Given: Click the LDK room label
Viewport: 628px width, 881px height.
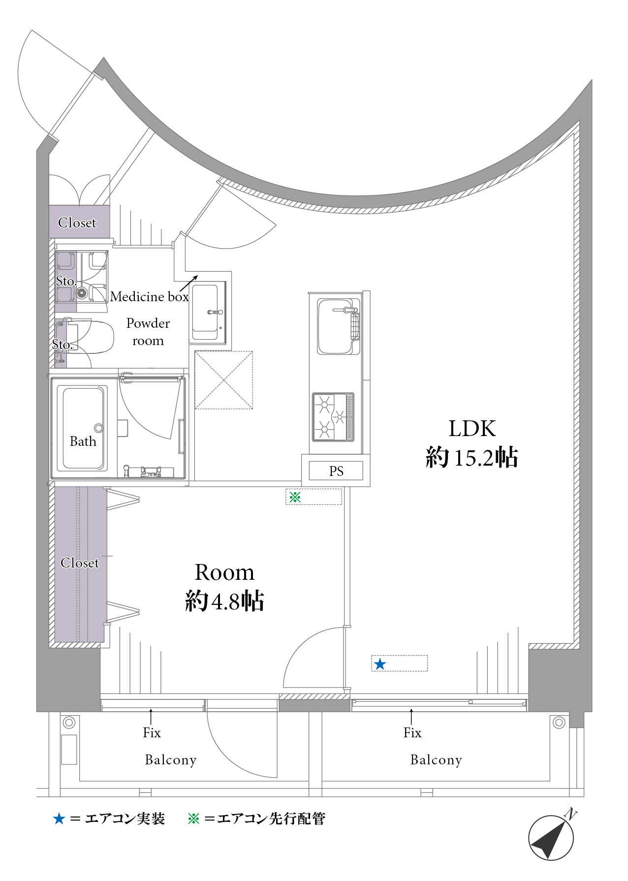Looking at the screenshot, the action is click(472, 429).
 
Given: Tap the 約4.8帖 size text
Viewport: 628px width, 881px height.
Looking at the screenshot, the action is click(224, 601).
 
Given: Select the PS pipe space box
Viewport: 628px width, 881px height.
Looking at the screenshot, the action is click(336, 471).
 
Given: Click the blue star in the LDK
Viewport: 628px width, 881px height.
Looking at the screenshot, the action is click(379, 664).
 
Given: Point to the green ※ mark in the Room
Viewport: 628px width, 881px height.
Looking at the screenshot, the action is click(295, 497).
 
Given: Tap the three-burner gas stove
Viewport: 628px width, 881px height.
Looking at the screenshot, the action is click(333, 417).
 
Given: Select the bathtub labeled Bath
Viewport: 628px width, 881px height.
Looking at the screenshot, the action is click(83, 428).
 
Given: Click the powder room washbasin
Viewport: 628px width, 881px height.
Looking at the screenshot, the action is click(206, 313).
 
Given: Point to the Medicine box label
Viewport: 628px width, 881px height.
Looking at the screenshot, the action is click(150, 297).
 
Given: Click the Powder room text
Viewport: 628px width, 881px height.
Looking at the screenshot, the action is click(148, 332).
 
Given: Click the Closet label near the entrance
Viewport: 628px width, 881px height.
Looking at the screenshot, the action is click(77, 223).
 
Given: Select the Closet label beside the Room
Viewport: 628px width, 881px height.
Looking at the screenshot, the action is click(80, 563).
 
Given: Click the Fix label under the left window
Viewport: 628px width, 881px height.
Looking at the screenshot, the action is click(152, 733).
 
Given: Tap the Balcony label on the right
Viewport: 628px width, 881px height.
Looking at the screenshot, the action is click(436, 760).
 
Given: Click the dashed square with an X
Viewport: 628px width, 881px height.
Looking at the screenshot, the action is click(224, 380).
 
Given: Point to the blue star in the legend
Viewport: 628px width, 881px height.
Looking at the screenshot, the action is click(59, 819).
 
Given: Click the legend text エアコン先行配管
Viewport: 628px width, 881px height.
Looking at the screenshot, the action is click(271, 819).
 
